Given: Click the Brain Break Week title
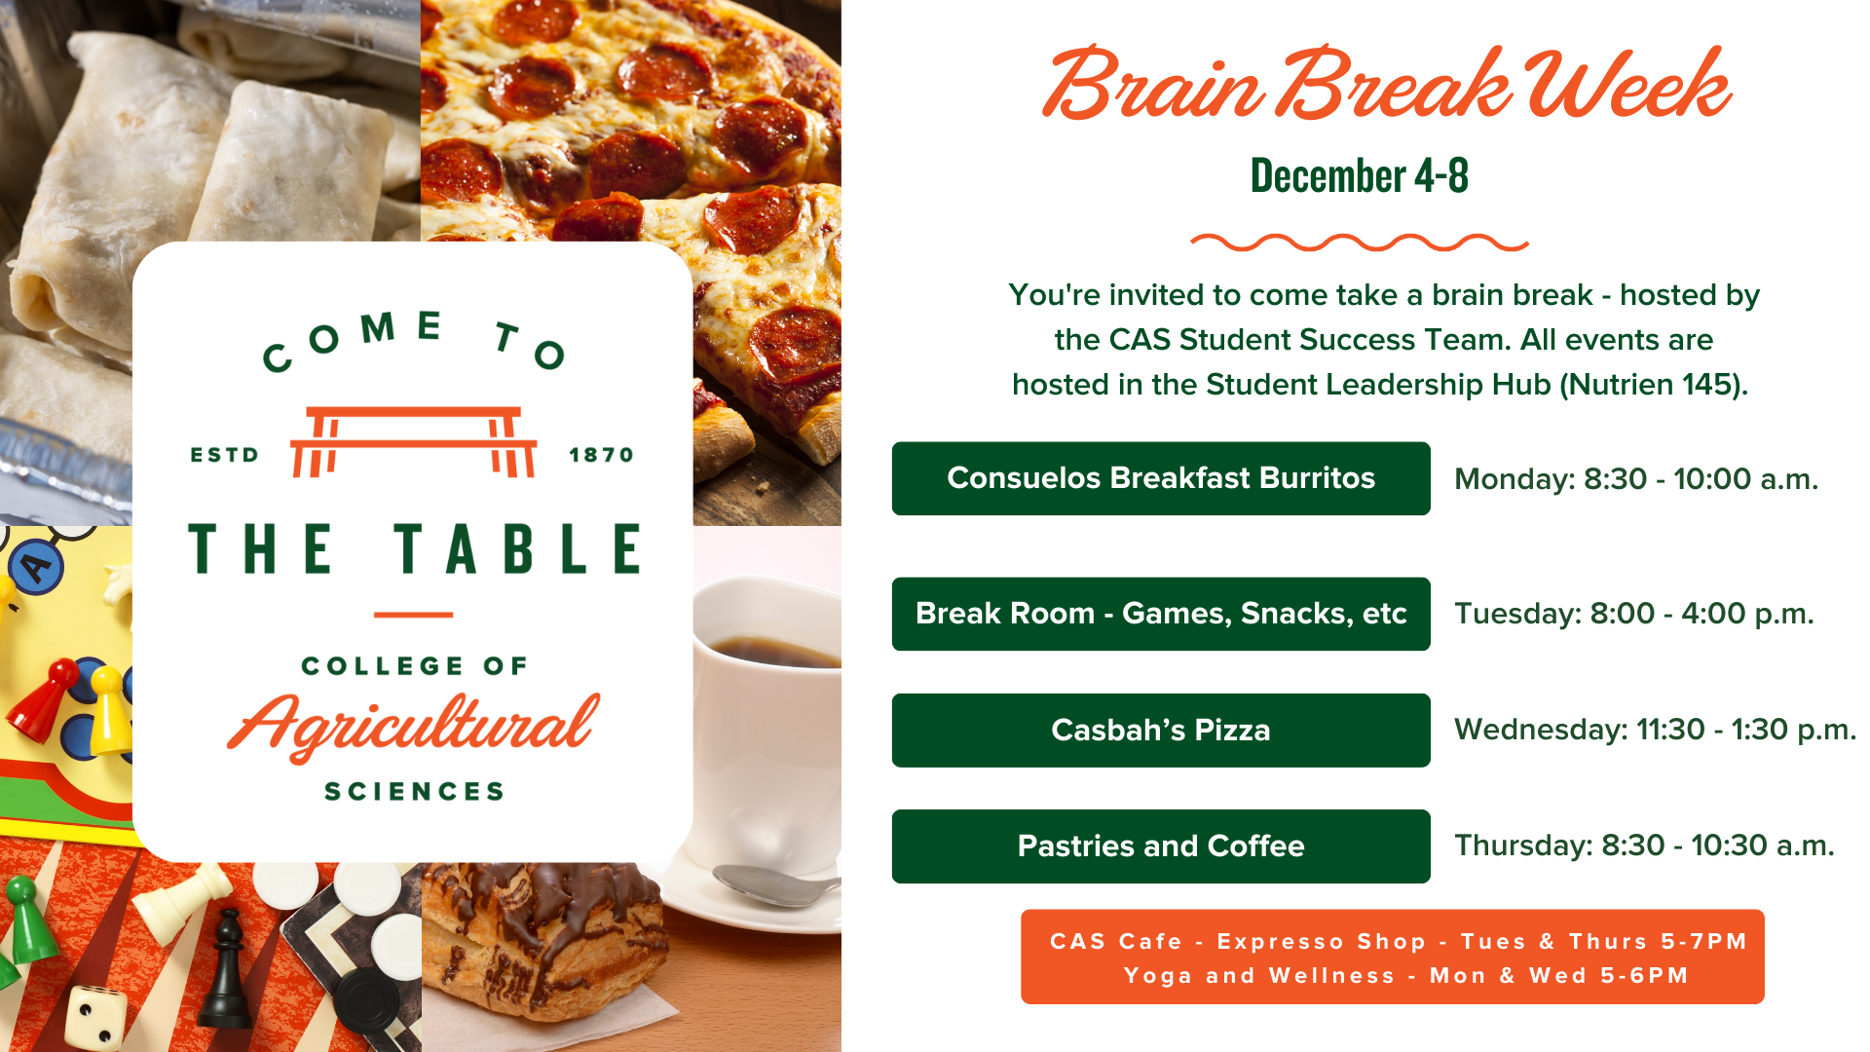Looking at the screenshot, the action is tap(1386, 85).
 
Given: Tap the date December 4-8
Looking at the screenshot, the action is tap(1359, 176).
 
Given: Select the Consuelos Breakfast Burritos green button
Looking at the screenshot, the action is tap(1161, 478).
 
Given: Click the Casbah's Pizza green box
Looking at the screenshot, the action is tap(1161, 731).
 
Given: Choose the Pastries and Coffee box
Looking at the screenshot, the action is tap(1161, 846).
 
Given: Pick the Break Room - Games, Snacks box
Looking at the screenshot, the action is tap(1161, 614).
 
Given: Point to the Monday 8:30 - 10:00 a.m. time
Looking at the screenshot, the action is tap(1636, 479).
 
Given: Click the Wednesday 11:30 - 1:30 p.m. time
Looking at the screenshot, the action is tap(1655, 730).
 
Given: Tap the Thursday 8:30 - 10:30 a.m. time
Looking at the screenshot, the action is tap(1644, 845).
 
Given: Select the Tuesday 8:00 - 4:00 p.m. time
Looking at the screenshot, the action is tap(1634, 614).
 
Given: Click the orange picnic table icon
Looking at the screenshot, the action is tap(414, 441).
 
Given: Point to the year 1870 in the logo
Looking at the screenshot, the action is tap(601, 455).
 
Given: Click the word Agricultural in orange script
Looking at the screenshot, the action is tap(414, 726).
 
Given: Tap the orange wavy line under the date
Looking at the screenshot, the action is tap(1360, 243).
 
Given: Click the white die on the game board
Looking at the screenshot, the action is tap(94, 1017).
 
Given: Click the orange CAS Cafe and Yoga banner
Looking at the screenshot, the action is tap(1393, 957).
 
